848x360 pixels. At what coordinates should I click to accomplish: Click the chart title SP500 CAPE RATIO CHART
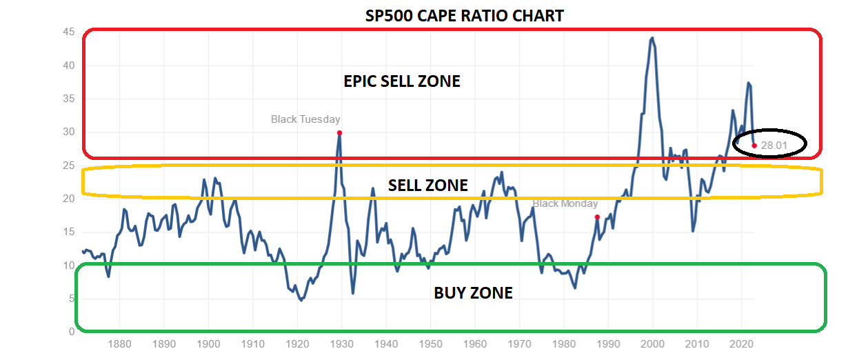point(464,14)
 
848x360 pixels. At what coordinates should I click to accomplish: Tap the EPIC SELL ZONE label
point(401,81)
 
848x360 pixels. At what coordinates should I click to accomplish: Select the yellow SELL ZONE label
point(427,186)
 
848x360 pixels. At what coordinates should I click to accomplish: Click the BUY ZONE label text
point(473,293)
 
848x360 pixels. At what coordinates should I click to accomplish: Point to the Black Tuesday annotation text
point(305,119)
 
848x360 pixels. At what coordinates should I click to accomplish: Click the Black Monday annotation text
point(565,204)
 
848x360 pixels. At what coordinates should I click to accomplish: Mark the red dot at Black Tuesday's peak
point(339,132)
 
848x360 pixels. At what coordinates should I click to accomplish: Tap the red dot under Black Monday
point(597,217)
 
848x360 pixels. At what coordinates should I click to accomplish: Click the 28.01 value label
point(774,146)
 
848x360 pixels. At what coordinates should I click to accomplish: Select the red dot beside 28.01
point(754,146)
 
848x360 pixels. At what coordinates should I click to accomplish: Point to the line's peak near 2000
point(652,38)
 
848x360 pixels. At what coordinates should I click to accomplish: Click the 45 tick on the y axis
point(68,32)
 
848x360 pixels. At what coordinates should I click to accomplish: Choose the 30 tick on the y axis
point(68,132)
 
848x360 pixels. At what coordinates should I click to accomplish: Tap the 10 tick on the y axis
point(68,266)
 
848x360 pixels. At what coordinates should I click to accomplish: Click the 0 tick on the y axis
point(71,332)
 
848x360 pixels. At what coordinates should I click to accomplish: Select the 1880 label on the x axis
point(119,343)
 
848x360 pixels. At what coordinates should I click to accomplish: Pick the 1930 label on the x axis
point(341,343)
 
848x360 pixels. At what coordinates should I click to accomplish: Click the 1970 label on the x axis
point(519,343)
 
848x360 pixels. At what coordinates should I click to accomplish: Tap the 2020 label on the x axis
point(741,343)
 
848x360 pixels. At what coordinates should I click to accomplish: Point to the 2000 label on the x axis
point(652,343)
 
